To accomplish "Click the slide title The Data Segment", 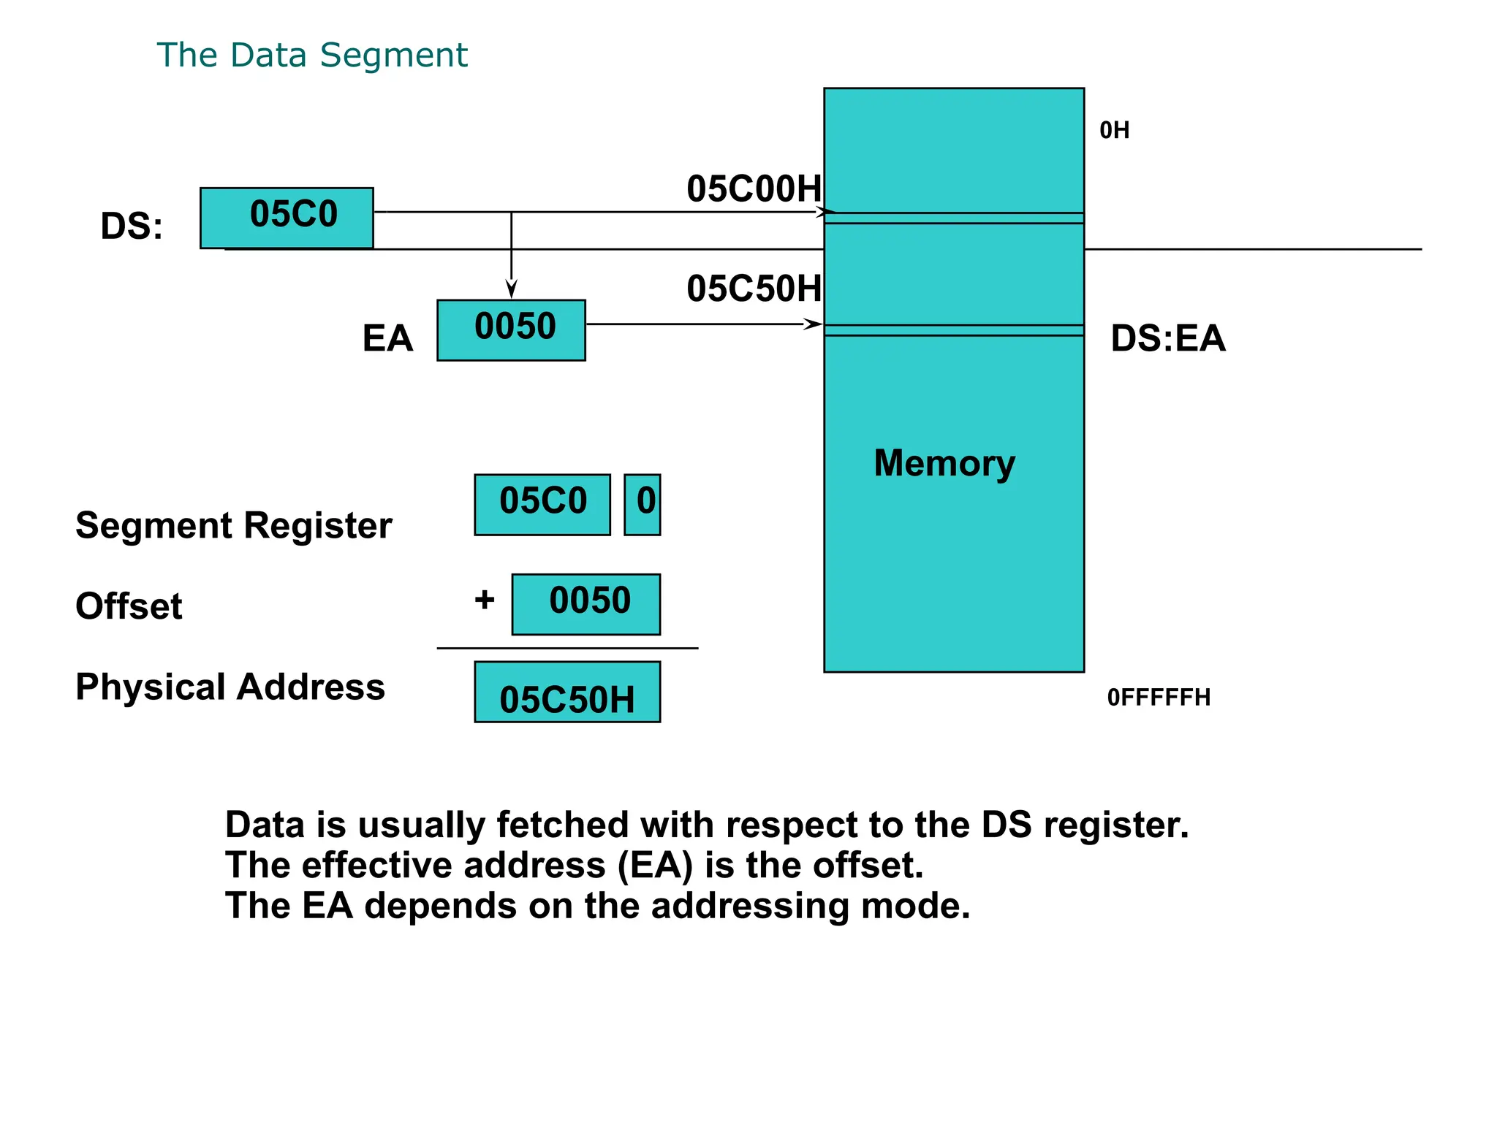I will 312,56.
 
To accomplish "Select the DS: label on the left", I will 132,226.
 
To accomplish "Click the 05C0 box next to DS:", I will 287,218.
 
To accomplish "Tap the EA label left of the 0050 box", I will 387,338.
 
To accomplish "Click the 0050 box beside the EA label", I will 511,329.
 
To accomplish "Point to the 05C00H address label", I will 754,189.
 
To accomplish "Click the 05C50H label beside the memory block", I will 754,289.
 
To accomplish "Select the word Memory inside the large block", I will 944,463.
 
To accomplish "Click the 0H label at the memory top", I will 1114,131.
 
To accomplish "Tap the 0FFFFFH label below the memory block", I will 1159,698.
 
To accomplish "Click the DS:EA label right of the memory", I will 1167,338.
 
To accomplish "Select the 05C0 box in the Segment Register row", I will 542,504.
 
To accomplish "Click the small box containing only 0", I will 643,504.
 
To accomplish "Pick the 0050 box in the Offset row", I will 586,603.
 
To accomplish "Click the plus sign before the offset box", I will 485,600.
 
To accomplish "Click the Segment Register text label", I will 234,526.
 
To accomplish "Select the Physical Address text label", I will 230,687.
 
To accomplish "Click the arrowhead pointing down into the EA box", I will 512,289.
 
